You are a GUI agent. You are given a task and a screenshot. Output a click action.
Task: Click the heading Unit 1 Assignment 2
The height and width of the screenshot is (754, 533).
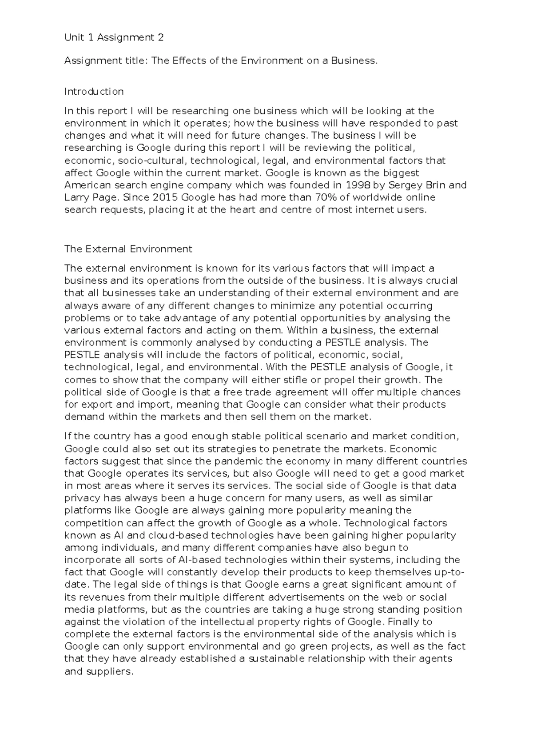coord(114,38)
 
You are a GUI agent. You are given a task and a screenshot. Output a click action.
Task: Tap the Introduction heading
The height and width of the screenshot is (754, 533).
coord(94,92)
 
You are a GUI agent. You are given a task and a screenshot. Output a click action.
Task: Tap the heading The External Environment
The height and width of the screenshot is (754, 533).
coord(128,249)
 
